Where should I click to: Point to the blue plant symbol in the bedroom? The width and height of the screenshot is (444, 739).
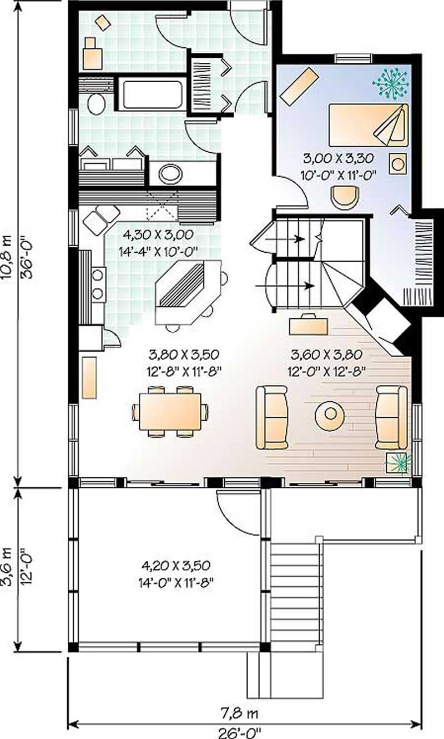(x=391, y=83)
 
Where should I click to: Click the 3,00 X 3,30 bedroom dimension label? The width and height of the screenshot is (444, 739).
(x=337, y=157)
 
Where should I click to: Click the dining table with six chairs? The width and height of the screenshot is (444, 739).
(x=170, y=412)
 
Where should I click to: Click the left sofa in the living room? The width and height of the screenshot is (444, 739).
(x=272, y=417)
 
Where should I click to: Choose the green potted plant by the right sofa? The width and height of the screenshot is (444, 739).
(x=400, y=462)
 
